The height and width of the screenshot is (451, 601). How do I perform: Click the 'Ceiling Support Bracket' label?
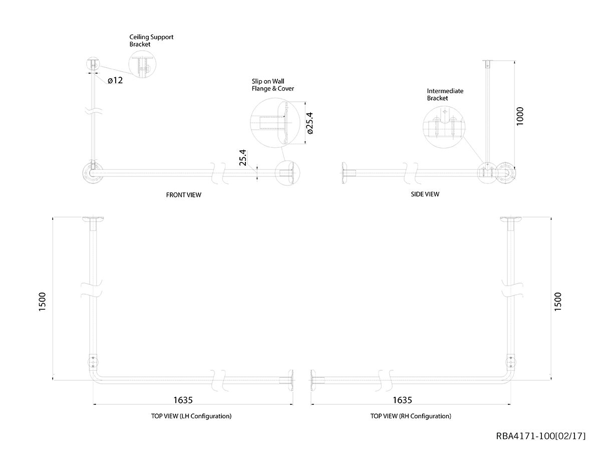(151, 41)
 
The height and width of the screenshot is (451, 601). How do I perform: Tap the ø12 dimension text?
(115, 80)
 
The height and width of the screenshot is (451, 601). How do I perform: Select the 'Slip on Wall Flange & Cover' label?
(273, 85)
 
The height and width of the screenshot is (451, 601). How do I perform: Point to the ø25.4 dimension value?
(310, 123)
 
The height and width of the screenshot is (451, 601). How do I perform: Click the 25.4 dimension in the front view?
(243, 157)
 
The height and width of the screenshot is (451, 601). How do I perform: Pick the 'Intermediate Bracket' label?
(445, 95)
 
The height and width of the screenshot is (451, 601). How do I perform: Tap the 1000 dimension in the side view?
(520, 116)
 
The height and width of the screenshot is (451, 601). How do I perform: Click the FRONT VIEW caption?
(183, 195)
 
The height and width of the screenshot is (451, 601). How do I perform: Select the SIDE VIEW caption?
(425, 194)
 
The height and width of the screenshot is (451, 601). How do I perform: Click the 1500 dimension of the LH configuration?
(42, 302)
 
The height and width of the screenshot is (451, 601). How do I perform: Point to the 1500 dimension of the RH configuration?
(558, 302)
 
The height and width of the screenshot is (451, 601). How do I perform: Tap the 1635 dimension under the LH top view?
(183, 400)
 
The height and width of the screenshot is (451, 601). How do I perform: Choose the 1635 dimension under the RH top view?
(402, 400)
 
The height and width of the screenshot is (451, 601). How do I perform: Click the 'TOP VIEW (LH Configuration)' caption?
(191, 416)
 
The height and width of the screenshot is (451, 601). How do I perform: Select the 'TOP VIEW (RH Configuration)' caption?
(411, 416)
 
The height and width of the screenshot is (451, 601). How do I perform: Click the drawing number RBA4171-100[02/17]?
(541, 436)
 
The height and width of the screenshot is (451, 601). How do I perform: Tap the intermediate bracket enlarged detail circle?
(423, 127)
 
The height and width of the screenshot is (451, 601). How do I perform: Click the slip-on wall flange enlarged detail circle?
(250, 123)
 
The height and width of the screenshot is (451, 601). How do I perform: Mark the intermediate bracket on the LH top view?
(93, 362)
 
